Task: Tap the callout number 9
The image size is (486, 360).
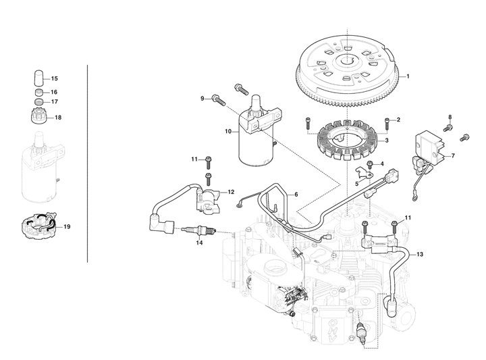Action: (201, 99)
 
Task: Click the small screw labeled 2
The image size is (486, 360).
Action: (387, 124)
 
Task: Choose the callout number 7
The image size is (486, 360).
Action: (452, 155)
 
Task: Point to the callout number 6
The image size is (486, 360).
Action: (295, 195)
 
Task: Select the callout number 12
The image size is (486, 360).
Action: (231, 192)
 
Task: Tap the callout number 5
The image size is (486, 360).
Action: (356, 183)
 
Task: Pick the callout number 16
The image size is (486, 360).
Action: (55, 91)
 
